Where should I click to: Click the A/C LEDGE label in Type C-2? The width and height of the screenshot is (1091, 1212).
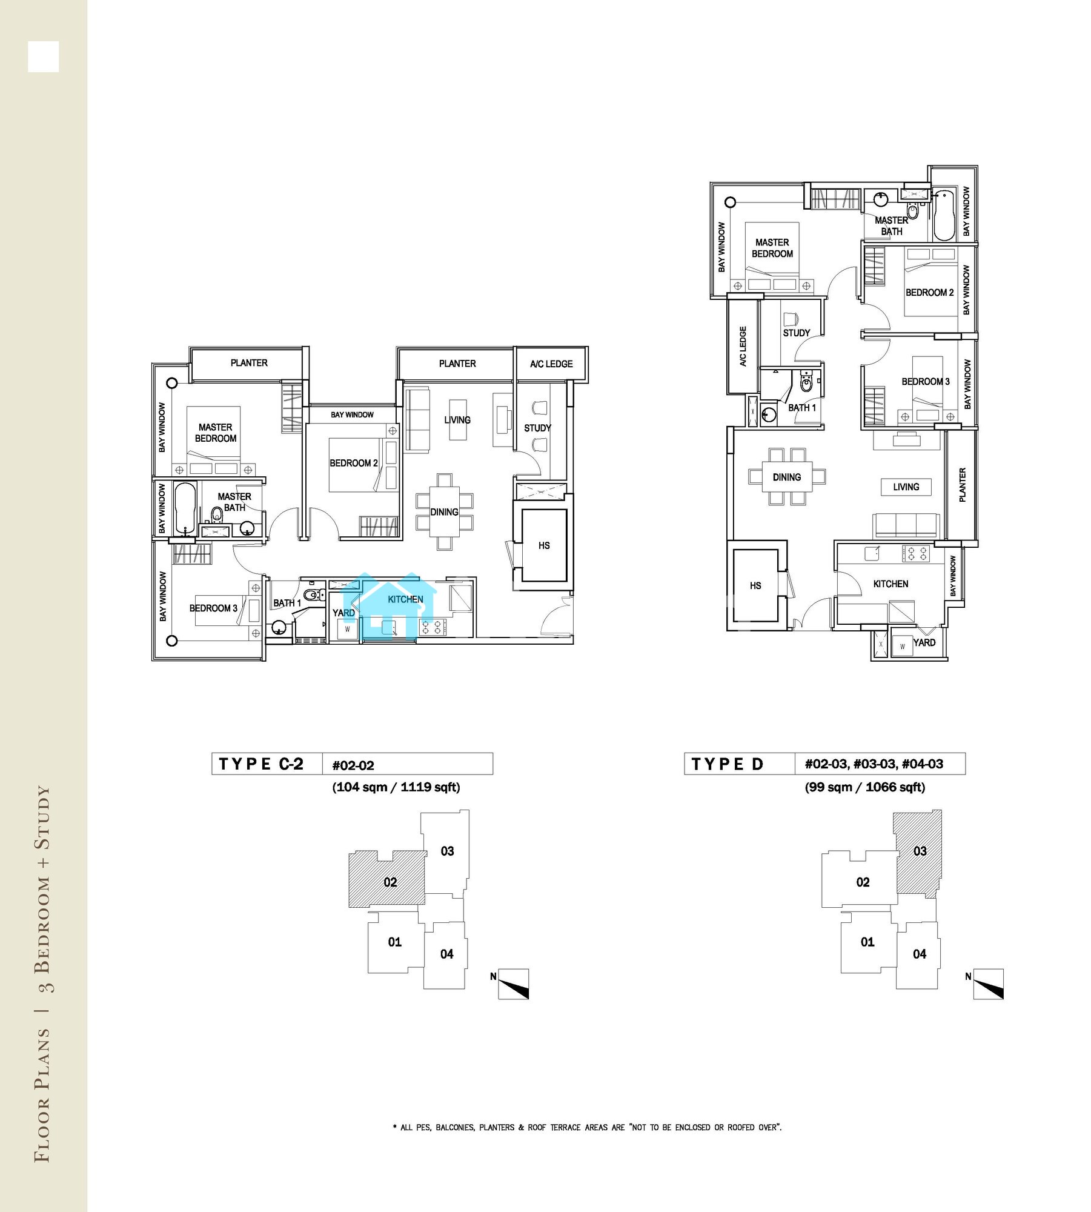click(551, 364)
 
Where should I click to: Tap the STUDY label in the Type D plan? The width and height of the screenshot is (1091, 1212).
click(796, 333)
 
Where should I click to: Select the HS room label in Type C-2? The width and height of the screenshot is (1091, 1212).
click(544, 545)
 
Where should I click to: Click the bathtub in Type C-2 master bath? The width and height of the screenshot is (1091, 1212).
click(185, 508)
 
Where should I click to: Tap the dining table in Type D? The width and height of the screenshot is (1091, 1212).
click(787, 477)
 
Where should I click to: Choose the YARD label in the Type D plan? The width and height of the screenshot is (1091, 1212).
click(924, 642)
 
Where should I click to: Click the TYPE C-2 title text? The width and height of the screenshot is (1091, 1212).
click(260, 764)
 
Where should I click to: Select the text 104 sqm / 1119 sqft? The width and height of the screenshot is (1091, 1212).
click(396, 787)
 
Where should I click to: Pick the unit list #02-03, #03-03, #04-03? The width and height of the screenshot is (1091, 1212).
click(874, 764)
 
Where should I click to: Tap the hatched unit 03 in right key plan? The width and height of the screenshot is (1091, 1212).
click(918, 852)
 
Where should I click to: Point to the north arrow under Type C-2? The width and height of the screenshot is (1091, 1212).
click(513, 984)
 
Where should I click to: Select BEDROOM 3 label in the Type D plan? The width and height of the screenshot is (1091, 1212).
click(925, 382)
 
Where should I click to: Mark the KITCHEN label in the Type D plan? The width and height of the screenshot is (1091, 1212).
click(890, 584)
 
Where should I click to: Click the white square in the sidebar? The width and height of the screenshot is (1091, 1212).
click(43, 57)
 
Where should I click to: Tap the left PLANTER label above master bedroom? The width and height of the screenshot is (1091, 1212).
click(249, 363)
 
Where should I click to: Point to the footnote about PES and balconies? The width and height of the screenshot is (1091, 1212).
click(587, 1128)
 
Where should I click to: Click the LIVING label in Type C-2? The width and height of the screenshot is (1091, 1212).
click(457, 420)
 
